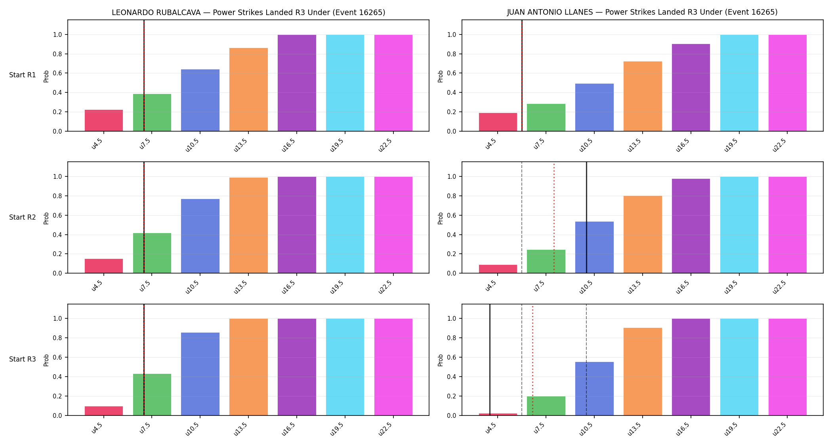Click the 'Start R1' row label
tap(23, 75)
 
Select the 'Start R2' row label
tap(23, 217)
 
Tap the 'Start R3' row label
tap(23, 359)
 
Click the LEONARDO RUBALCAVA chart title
tap(248, 12)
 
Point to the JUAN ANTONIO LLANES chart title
tap(642, 12)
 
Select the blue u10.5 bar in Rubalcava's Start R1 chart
tap(200, 100)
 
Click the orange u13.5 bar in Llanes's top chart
tap(643, 96)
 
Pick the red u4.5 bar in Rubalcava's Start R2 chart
tap(104, 266)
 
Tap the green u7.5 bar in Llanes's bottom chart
tap(546, 406)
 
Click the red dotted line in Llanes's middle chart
tap(554, 218)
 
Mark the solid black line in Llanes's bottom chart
tap(490, 360)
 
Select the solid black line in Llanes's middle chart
tap(586, 218)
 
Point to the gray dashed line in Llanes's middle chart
tap(522, 218)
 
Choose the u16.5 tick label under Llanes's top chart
tap(683, 145)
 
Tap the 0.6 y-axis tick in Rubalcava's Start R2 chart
tap(57, 215)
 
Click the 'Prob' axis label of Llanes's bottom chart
tap(441, 360)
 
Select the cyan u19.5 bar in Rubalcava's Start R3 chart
tap(345, 367)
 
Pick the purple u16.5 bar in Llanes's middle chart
tap(691, 226)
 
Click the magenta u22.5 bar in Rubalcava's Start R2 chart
tap(393, 225)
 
